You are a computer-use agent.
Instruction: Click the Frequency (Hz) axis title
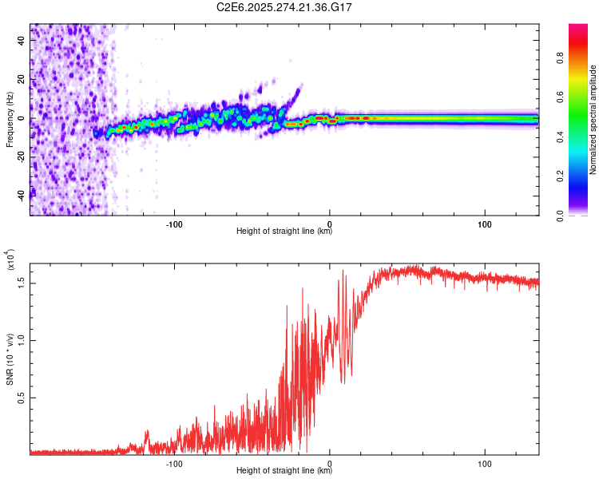pyautogui.click(x=10, y=120)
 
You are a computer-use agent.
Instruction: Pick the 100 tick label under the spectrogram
pyautogui.click(x=485, y=223)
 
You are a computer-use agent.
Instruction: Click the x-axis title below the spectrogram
pyautogui.click(x=284, y=232)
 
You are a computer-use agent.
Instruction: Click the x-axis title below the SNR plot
pyautogui.click(x=284, y=471)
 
